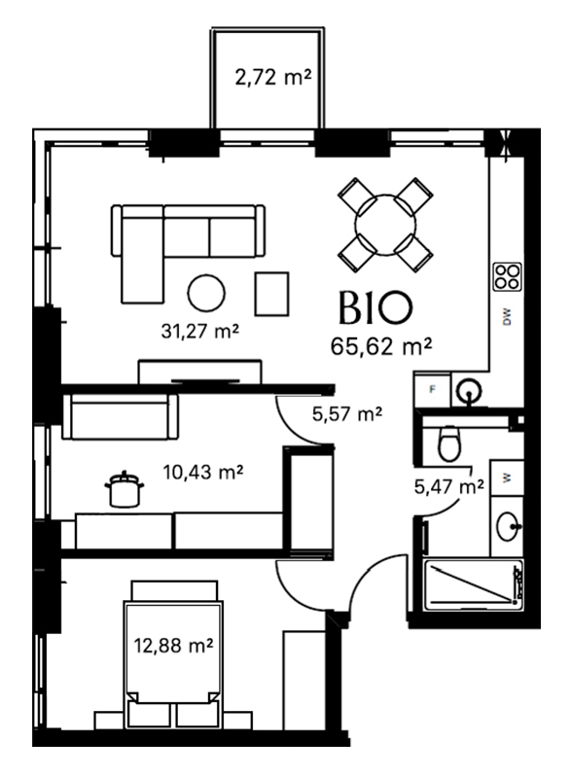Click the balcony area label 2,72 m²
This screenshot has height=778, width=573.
[x=273, y=78]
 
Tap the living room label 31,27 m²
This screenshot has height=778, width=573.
[x=200, y=331]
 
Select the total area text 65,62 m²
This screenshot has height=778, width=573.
[x=380, y=346]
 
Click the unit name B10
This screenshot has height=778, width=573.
[x=375, y=307]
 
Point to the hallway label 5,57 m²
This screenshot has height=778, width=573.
[x=347, y=413]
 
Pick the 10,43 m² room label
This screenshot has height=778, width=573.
[x=203, y=472]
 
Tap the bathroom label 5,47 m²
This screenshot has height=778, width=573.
[x=448, y=487]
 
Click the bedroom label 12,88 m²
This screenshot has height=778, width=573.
[x=173, y=646]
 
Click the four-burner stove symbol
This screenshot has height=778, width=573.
[x=507, y=277]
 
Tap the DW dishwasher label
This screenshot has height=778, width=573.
[x=507, y=317]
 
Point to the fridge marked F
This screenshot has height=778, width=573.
[x=432, y=390]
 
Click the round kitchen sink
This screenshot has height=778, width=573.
[x=468, y=391]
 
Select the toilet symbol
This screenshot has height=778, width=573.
[x=449, y=443]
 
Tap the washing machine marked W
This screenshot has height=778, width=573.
[x=507, y=477]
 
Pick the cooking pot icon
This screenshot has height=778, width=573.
[x=125, y=489]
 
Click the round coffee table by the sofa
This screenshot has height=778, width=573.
[x=206, y=294]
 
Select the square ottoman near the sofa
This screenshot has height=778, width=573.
[x=271, y=294]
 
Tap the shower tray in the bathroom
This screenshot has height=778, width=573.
[x=474, y=585]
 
